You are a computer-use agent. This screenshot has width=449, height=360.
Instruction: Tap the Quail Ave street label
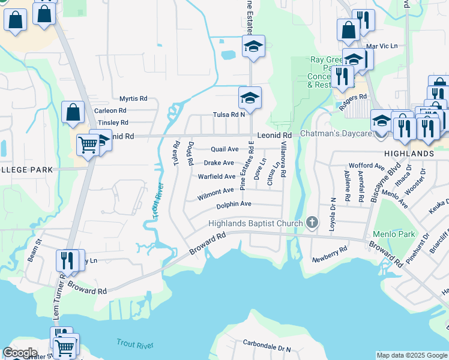coord(224,149)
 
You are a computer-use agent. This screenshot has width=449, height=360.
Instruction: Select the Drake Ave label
coord(218,163)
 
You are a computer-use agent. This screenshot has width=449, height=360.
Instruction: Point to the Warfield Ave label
coord(217,176)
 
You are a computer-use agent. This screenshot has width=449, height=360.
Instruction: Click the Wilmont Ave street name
coord(215,191)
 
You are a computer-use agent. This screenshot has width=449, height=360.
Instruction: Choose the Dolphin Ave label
coord(234,205)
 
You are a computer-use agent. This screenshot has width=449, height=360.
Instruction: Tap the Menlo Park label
coord(394,233)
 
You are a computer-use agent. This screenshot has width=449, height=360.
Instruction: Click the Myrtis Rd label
coord(133,98)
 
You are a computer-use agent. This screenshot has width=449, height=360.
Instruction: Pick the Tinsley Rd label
coord(113,122)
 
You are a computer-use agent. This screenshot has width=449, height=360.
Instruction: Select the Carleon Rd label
coord(110,110)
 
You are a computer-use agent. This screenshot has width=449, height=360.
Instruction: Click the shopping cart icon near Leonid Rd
coord(88,144)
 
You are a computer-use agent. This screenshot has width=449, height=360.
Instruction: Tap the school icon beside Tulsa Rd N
coord(250,98)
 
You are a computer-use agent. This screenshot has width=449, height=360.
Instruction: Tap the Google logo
coord(20,353)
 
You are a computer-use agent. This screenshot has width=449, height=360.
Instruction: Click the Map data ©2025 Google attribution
coord(411,355)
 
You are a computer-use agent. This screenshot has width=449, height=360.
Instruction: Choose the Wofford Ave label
coord(366,166)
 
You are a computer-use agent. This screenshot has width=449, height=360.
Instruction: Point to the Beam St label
coord(34,251)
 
